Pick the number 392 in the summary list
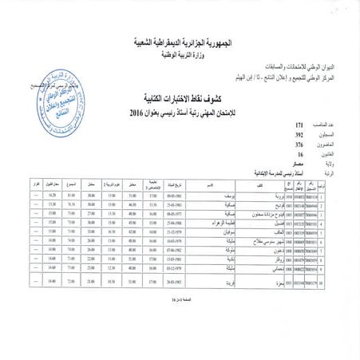click(277, 134)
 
